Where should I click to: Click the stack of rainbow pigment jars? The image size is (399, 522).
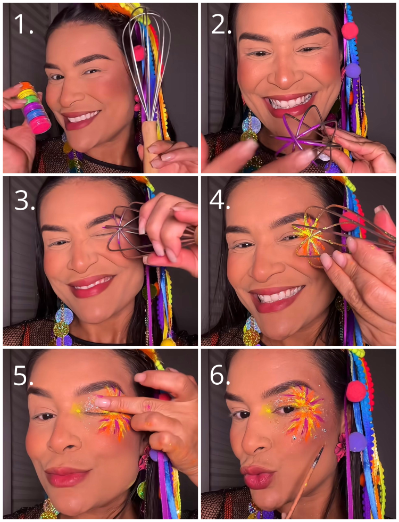click(x=34, y=107)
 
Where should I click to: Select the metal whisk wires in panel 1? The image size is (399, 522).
click(x=146, y=63)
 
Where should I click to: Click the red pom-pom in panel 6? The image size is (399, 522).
click(x=356, y=391)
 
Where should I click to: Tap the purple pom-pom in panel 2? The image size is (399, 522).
click(x=353, y=71)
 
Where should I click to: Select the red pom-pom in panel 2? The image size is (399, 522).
click(x=350, y=31)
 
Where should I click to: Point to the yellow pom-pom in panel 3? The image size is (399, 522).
click(x=168, y=342)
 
